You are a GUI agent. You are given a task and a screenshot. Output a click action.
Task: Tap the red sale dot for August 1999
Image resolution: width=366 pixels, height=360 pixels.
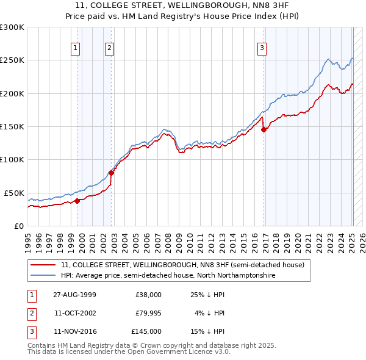[x=77, y=201]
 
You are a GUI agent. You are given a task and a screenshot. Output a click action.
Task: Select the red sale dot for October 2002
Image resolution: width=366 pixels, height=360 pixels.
[x=111, y=173]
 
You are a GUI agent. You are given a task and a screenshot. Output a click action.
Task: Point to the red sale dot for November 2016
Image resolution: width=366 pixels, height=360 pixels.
[x=264, y=129]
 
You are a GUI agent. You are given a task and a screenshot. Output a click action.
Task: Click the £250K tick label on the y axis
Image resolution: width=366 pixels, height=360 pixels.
[x=12, y=60]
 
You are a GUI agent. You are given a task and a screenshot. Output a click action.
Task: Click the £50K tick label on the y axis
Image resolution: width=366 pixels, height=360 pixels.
[x=15, y=193]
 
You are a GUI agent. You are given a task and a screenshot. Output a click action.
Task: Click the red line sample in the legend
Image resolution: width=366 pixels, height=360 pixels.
[x=43, y=265]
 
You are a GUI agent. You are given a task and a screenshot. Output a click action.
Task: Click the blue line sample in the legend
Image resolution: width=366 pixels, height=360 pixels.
[x=43, y=276]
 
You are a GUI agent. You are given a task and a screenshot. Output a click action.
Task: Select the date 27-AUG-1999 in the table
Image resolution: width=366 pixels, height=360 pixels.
[x=75, y=295]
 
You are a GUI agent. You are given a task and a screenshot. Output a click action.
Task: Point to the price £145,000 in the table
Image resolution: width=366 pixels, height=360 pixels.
[x=146, y=331]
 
